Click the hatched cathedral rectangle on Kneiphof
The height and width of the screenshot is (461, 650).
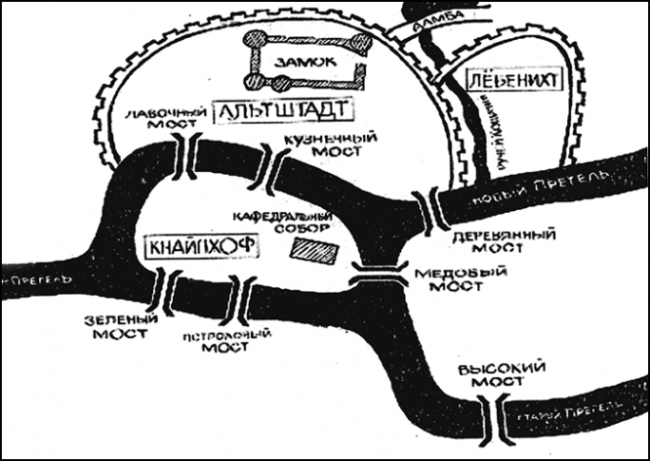[x=313, y=251]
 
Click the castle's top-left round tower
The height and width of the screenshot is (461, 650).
[x=255, y=38]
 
